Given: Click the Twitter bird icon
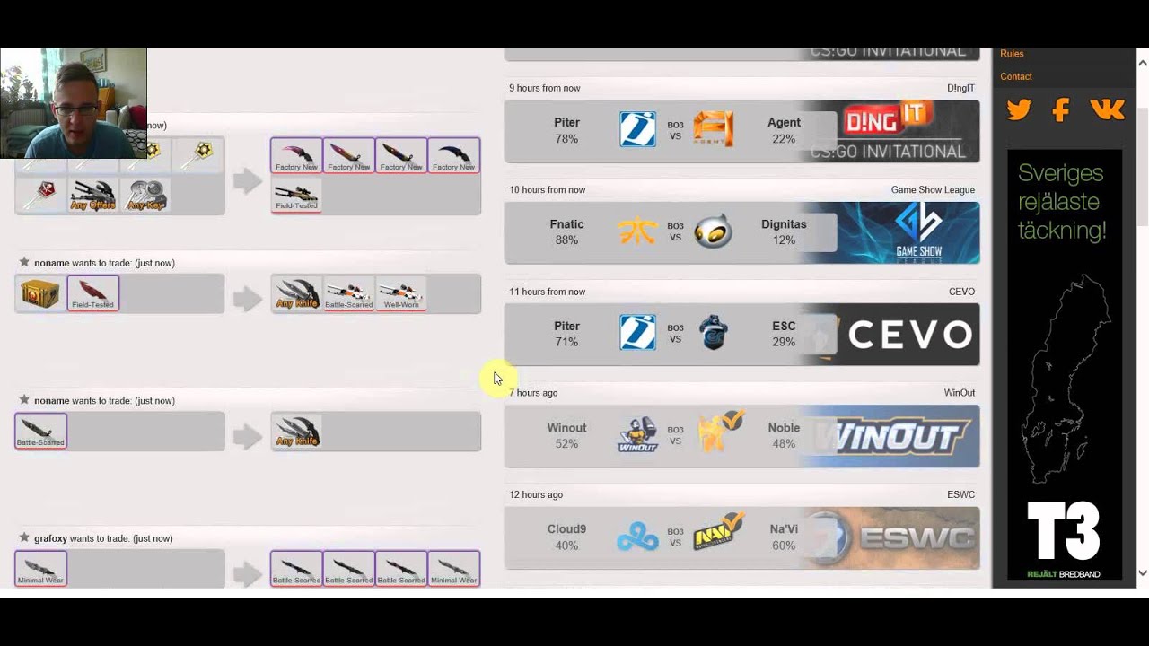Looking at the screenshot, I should (1019, 110).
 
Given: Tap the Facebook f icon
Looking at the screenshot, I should (1061, 110).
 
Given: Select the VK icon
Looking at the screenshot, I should (1107, 109).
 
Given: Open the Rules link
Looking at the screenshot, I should (1012, 54).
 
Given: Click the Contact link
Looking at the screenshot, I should (1016, 76).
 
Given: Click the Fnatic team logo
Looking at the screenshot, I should (637, 231).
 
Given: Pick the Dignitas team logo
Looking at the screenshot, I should (713, 231).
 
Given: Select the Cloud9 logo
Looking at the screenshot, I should (637, 537).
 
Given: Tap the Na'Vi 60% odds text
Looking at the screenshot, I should (784, 537).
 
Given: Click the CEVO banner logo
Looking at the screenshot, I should (909, 335).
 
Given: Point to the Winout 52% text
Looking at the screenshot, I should (566, 436).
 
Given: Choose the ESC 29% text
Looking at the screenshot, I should (784, 334).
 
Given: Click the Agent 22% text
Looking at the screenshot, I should (784, 130).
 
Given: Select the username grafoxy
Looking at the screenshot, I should (50, 538).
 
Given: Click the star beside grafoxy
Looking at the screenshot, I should (24, 537).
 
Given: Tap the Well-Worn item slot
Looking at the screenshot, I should (401, 293).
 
